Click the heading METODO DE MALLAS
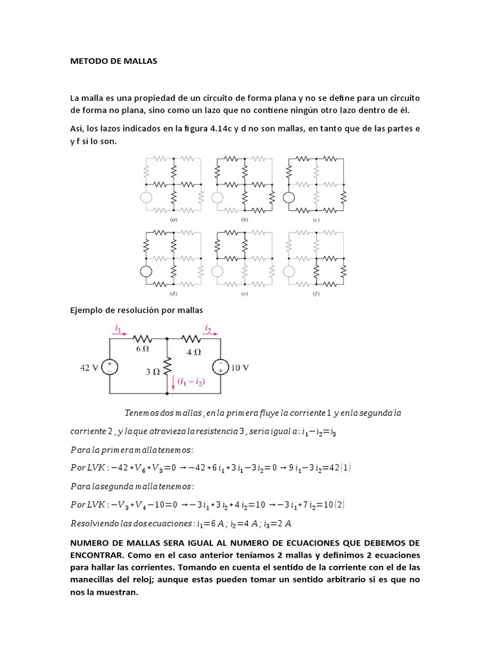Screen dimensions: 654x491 click(113, 61)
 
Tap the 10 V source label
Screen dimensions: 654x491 click(239, 368)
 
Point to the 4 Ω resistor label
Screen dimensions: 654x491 click(193, 351)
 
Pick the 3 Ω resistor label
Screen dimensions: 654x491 click(152, 370)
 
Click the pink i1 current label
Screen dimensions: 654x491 click(118, 328)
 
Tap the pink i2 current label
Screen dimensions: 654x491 click(208, 328)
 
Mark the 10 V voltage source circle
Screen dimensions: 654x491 click(220, 368)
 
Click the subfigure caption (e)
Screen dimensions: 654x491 click(244, 295)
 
